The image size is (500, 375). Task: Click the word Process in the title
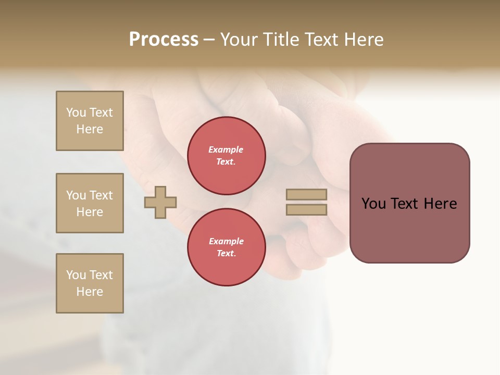[x=164, y=40]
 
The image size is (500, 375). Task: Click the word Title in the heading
[x=282, y=40]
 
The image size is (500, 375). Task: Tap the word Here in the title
[x=362, y=40]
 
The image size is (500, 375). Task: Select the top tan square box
[x=90, y=121]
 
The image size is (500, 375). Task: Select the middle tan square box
[x=90, y=203]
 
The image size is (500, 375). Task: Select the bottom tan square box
[x=90, y=283]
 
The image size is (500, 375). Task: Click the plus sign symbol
[x=160, y=202]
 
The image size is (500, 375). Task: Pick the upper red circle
[x=226, y=156]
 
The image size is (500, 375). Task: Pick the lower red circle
[x=226, y=247]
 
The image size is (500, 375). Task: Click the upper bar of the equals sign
[x=306, y=195]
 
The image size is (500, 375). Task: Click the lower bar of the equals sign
[x=306, y=209]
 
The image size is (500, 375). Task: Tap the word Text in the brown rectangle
[x=405, y=204]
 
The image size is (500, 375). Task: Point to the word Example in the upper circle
[x=226, y=149]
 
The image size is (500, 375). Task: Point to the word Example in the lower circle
[x=226, y=241]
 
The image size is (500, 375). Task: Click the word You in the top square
[x=76, y=113]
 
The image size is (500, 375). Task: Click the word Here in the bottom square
[x=90, y=292]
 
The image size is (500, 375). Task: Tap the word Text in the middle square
[x=101, y=195]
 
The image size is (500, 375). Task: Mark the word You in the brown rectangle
[x=373, y=204]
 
